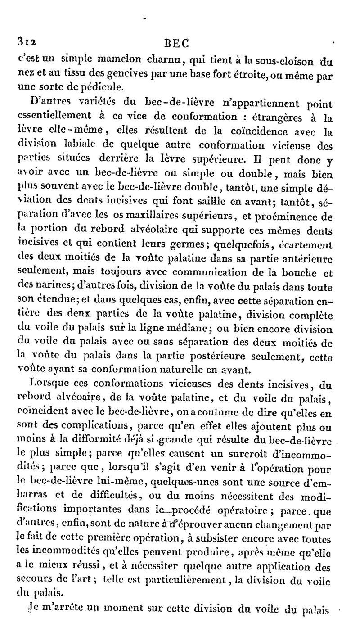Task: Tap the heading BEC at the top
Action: [176, 43]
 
